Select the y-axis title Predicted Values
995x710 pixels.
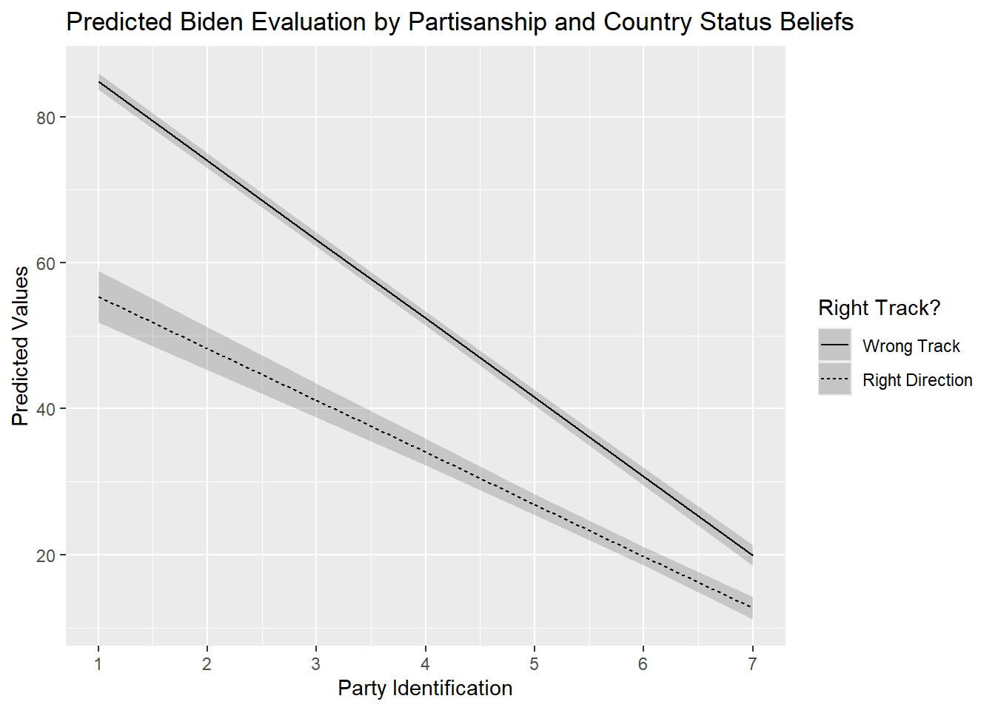pyautogui.click(x=21, y=346)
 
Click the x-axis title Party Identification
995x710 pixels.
pyautogui.click(x=425, y=688)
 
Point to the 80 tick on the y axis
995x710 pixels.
pyautogui.click(x=46, y=118)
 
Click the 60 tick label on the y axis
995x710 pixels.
pyautogui.click(x=46, y=263)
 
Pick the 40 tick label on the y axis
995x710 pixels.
pyautogui.click(x=46, y=409)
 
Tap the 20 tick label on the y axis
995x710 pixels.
pyautogui.click(x=46, y=555)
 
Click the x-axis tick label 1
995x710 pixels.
pyautogui.click(x=98, y=663)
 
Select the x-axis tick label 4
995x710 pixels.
pyautogui.click(x=426, y=663)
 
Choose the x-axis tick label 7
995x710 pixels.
pyautogui.click(x=752, y=663)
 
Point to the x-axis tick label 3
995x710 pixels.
pyautogui.click(x=316, y=663)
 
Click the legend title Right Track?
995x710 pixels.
pyautogui.click(x=879, y=308)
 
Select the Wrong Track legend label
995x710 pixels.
pyautogui.click(x=911, y=346)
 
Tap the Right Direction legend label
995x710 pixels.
pyautogui.click(x=917, y=380)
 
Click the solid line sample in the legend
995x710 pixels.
pyautogui.click(x=835, y=345)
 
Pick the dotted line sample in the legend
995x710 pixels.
pyautogui.click(x=835, y=379)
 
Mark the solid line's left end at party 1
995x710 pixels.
pyautogui.click(x=98, y=81)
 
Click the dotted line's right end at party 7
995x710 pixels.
pyautogui.click(x=752, y=607)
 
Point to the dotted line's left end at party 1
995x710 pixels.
pyautogui.click(x=98, y=297)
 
